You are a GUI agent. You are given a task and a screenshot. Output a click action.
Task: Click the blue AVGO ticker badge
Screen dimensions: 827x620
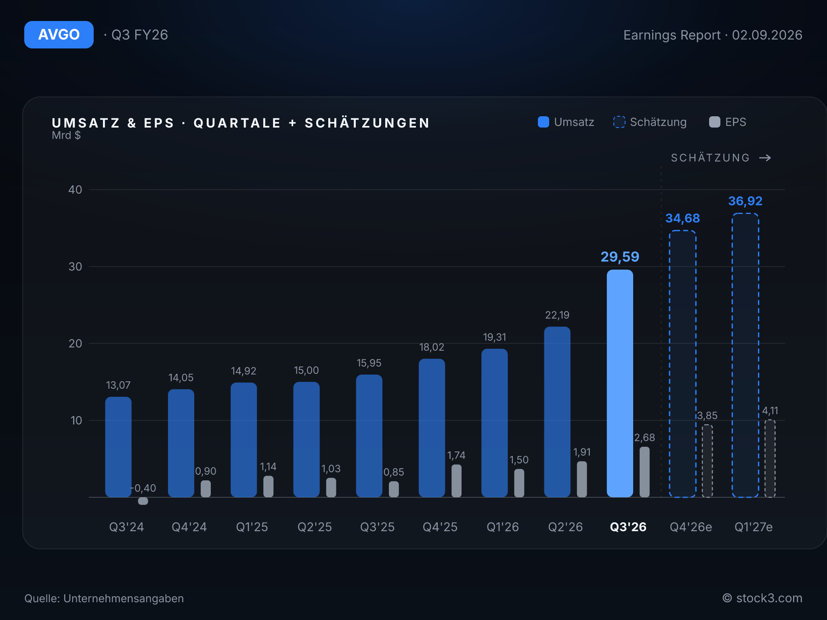pyautogui.click(x=59, y=35)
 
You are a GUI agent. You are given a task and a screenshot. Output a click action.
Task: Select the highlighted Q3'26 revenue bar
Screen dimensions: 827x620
pyautogui.click(x=620, y=383)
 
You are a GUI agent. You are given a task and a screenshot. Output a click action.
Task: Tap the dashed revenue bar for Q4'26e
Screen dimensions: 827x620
pyautogui.click(x=682, y=364)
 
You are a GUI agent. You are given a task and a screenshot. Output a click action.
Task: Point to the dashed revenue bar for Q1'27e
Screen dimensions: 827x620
pyautogui.click(x=745, y=355)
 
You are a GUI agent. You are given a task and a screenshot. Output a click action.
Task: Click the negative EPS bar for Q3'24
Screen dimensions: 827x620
pyautogui.click(x=143, y=501)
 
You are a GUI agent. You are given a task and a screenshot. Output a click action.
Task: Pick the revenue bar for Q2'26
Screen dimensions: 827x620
pyautogui.click(x=557, y=412)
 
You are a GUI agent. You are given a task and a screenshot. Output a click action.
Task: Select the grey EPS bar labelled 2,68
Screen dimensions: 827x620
pyautogui.click(x=644, y=472)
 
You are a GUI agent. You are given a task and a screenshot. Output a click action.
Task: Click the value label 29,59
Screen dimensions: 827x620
pyautogui.click(x=620, y=257)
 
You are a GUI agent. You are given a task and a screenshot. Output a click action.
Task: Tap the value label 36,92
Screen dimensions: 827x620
pyautogui.click(x=745, y=201)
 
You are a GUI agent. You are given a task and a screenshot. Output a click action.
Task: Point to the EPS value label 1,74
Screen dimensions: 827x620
pyautogui.click(x=456, y=455)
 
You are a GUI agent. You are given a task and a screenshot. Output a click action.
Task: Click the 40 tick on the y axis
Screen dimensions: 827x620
pyautogui.click(x=75, y=190)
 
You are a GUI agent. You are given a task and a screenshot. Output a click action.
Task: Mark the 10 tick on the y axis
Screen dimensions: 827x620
pyautogui.click(x=76, y=421)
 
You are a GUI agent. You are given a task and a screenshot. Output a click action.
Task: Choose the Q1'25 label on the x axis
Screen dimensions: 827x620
pyautogui.click(x=252, y=527)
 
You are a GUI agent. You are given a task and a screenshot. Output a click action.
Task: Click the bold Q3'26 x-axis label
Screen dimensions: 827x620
pyautogui.click(x=628, y=527)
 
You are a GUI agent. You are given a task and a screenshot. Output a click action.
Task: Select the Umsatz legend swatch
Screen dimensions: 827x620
pyautogui.click(x=544, y=122)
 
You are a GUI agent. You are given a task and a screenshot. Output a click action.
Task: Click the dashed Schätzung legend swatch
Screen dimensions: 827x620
pyautogui.click(x=619, y=122)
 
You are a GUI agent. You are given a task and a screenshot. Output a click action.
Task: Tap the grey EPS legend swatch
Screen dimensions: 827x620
pyautogui.click(x=715, y=122)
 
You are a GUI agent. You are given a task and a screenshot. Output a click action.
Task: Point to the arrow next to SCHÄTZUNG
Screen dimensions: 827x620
pyautogui.click(x=765, y=158)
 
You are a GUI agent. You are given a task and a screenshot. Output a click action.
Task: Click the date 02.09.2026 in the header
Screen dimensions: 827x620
pyautogui.click(x=767, y=35)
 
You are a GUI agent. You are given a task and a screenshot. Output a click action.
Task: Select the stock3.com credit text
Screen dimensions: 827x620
pyautogui.click(x=769, y=598)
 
